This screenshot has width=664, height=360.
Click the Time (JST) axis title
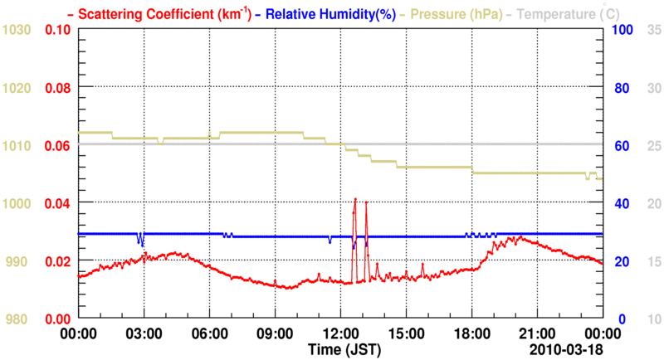pos(340,348)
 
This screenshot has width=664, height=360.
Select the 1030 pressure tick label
pos(18,30)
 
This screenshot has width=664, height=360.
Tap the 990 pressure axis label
pos(21,261)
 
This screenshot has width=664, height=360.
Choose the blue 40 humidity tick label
pos(622,203)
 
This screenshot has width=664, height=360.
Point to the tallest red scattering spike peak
pos(355,199)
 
